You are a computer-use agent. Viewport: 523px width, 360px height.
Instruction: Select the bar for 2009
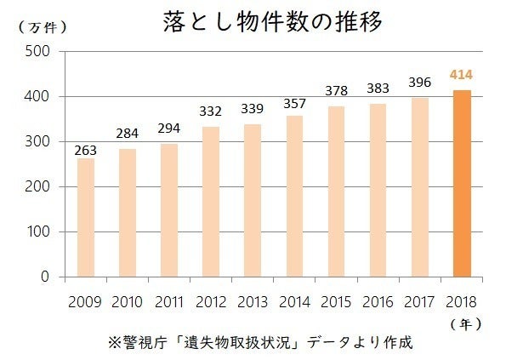click(x=86, y=217)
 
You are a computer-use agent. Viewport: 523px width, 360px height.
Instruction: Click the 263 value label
click(x=86, y=150)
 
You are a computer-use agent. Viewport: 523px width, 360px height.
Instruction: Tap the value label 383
click(x=378, y=88)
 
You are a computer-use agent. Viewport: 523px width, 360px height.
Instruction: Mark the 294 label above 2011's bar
click(x=169, y=129)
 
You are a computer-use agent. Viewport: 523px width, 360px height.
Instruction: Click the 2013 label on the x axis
click(x=253, y=300)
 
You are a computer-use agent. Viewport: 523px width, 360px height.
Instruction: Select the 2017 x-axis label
click(x=420, y=300)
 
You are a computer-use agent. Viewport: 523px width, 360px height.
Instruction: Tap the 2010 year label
click(x=128, y=300)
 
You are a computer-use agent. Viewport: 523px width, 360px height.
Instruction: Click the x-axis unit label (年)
click(x=467, y=323)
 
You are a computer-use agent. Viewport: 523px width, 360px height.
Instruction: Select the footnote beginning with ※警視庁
click(x=260, y=343)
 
